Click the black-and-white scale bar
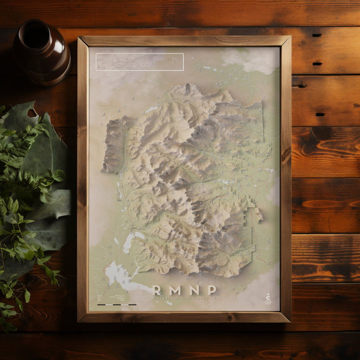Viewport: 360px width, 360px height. (x=117, y=304)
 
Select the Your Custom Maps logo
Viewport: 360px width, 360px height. (x=268, y=299)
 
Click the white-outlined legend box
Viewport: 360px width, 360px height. (x=139, y=62)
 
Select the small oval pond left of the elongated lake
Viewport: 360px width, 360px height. (x=116, y=241)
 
